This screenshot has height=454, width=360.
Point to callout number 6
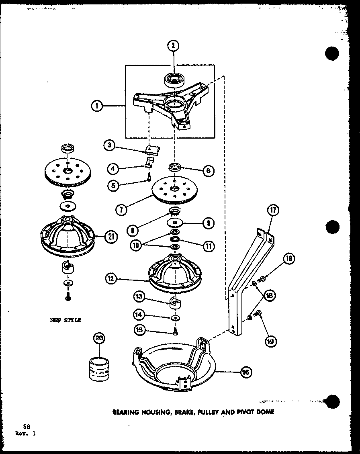209,171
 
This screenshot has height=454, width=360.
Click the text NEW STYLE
65,320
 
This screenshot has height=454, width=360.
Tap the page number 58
27,427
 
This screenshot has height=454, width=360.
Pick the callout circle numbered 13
139,297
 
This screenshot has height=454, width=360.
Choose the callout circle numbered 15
139,330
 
